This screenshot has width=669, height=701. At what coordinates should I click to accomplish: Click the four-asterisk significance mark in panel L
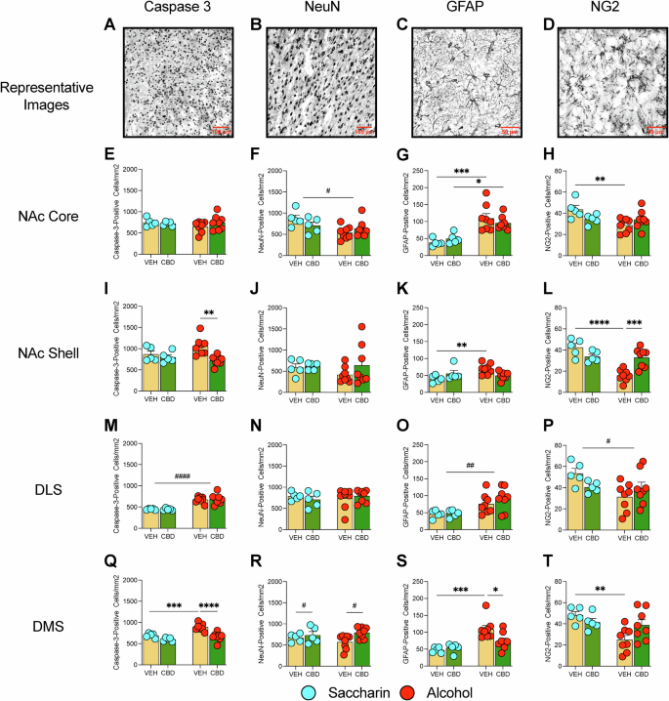click(589, 317)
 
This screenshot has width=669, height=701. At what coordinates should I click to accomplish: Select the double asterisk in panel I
click(208, 314)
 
